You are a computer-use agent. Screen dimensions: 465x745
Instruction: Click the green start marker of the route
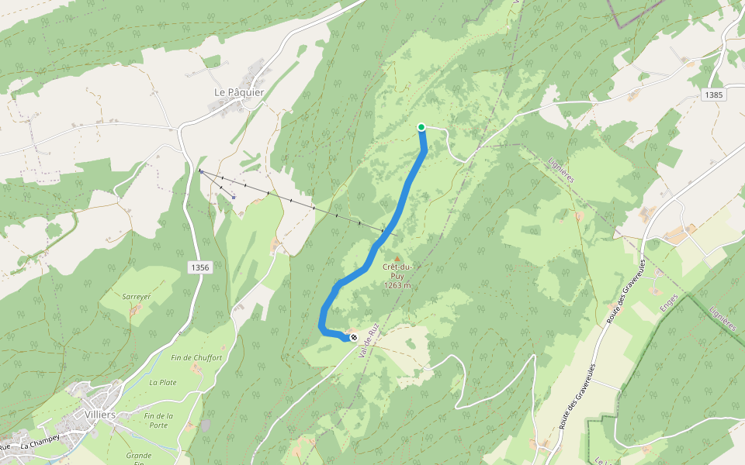click(421, 127)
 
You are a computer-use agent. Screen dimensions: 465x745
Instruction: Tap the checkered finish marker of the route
click(354, 337)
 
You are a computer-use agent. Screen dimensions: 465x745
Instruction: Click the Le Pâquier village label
click(239, 92)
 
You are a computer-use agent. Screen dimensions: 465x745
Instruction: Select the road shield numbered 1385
click(714, 95)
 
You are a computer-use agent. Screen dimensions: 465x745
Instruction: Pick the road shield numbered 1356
click(199, 267)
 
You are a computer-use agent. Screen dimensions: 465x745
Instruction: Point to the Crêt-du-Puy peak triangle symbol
click(397, 259)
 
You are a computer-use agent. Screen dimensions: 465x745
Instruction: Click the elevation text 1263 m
click(397, 285)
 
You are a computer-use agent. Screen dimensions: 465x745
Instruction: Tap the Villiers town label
click(100, 415)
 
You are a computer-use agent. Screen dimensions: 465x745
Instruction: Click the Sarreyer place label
click(136, 296)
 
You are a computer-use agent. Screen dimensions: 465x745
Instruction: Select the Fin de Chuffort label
click(196, 358)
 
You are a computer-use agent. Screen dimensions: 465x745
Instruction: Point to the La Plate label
click(163, 382)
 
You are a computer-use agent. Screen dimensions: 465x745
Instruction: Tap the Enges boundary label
click(668, 307)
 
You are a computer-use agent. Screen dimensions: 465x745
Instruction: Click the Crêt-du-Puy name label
click(397, 271)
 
